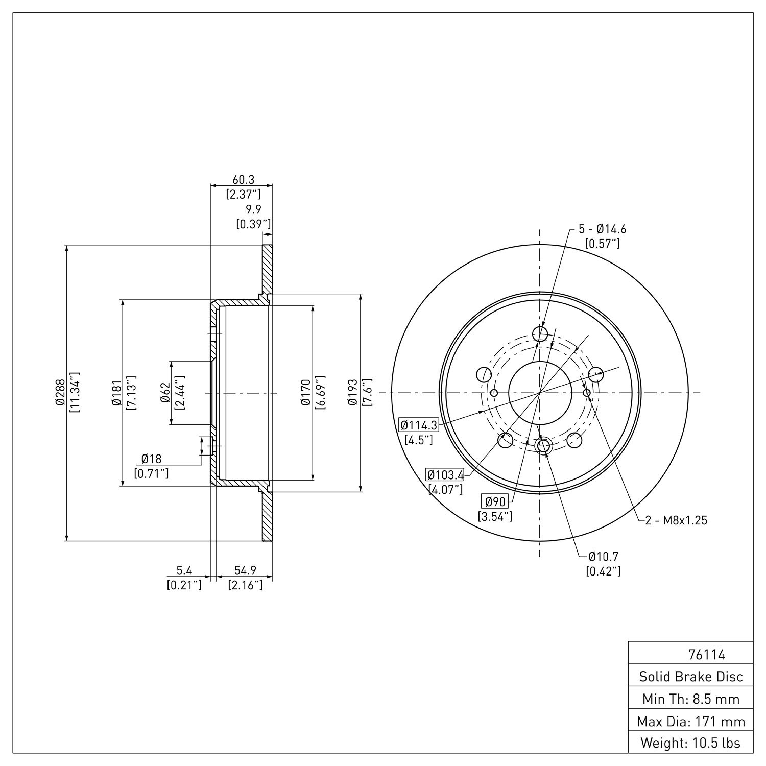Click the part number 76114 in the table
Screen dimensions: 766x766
coord(707,654)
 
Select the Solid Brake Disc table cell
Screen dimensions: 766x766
coord(691,677)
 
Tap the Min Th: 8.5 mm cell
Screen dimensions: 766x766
coord(691,699)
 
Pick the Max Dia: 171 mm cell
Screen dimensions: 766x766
coord(691,721)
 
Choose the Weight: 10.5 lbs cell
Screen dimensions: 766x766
coord(691,743)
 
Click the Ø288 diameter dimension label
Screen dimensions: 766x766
coord(61,393)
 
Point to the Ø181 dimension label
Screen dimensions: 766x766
coord(116,393)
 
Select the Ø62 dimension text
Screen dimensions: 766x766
coord(164,393)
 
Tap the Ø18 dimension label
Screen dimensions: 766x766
coord(152,459)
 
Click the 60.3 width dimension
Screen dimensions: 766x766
coord(243,180)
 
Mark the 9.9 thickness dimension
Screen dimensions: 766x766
coord(253,209)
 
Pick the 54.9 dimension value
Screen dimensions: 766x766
coord(245,570)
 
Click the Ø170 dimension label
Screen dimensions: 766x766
coord(306,393)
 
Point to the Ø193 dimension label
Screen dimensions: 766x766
coord(352,393)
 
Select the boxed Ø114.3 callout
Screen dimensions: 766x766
coord(419,424)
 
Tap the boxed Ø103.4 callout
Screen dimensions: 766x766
coord(445,475)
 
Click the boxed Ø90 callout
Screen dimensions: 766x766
coord(495,501)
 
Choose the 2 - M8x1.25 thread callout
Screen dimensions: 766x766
coord(676,521)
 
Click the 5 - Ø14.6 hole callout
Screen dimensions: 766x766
coord(602,229)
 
